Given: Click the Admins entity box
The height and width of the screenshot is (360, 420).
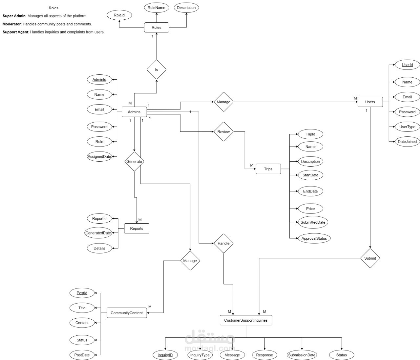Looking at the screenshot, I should click(x=134, y=112).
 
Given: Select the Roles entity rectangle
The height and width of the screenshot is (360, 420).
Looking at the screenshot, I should click(x=157, y=28).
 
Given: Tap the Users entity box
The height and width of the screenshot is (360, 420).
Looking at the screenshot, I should click(x=370, y=102).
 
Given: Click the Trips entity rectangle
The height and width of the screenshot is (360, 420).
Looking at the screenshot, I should click(x=268, y=169).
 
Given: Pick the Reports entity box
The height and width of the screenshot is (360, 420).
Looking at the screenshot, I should click(x=136, y=229).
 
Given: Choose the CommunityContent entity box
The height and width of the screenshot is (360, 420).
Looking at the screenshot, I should click(x=127, y=313).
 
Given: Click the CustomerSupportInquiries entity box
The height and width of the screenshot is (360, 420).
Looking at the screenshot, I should click(x=246, y=320).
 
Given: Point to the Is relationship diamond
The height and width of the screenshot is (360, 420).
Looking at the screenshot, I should click(x=157, y=70).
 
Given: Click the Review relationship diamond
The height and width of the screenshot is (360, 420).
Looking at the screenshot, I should click(x=223, y=132).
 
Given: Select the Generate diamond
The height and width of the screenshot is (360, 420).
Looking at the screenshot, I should click(x=134, y=161).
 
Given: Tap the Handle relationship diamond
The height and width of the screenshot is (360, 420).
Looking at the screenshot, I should click(x=223, y=243).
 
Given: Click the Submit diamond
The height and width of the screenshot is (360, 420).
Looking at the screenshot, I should click(x=370, y=258).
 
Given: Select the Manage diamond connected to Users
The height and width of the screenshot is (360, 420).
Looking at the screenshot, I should click(x=223, y=102).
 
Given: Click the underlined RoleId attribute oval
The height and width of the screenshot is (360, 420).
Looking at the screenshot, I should click(x=119, y=15).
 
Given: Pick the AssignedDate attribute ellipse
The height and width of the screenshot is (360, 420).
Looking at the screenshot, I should click(x=99, y=156).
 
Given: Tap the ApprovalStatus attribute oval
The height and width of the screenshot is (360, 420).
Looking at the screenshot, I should click(x=314, y=238).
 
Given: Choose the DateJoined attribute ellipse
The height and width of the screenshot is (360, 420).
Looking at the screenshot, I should click(x=407, y=142).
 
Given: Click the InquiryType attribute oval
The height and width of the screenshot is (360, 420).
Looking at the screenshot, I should click(x=200, y=355).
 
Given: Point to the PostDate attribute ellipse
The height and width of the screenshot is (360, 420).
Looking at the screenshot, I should click(x=82, y=355).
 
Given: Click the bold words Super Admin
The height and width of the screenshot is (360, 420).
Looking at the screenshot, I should click(x=14, y=16).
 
